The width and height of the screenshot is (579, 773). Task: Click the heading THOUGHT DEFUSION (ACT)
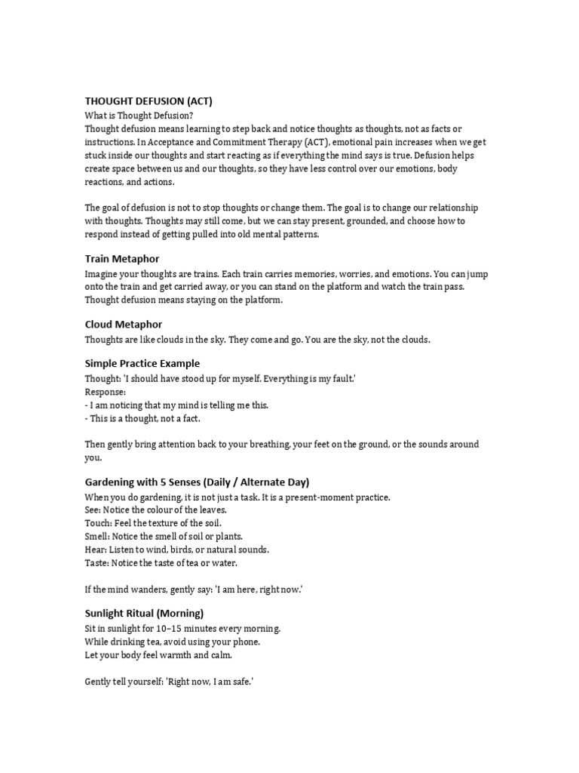click(x=153, y=101)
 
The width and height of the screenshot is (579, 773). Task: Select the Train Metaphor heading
click(x=121, y=259)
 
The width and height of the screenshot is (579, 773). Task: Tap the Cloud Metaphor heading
click(x=123, y=324)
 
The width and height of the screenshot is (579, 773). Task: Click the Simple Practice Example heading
click(x=142, y=363)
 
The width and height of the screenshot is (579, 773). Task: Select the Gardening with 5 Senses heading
click(x=197, y=482)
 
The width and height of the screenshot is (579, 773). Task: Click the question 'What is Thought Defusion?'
click(x=139, y=115)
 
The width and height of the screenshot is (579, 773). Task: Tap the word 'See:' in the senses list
click(x=93, y=510)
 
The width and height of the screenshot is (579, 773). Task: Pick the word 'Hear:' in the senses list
click(x=96, y=549)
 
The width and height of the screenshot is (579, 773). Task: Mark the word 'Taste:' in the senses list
click(x=97, y=562)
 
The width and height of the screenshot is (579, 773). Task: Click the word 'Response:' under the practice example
click(x=106, y=393)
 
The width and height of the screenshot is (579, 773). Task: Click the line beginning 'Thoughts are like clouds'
click(x=257, y=340)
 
